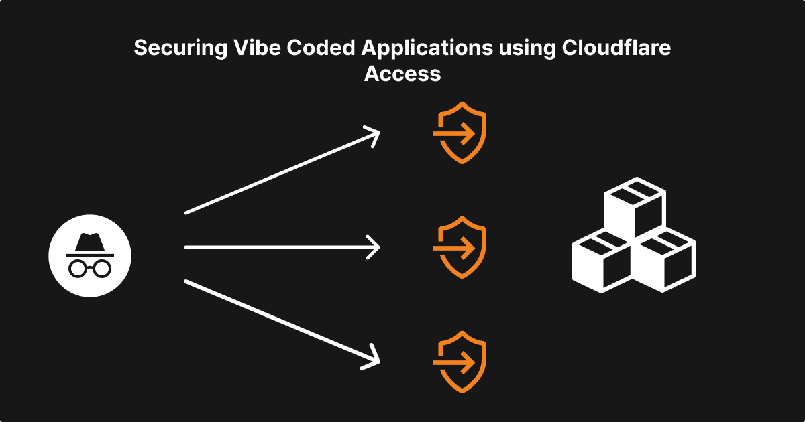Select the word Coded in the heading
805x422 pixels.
tap(301, 49)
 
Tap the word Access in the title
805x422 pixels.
tap(402, 73)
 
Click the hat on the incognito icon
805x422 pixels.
tap(89, 244)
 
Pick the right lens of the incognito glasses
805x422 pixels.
tap(101, 268)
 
